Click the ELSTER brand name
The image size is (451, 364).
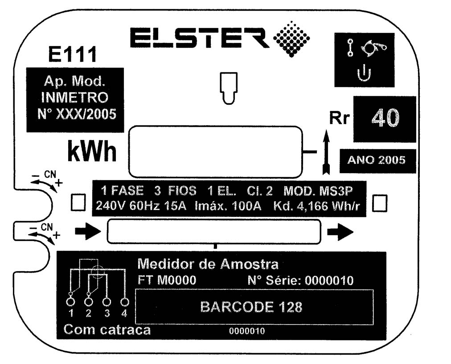click(x=200, y=38)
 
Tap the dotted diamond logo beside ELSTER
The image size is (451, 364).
click(x=291, y=39)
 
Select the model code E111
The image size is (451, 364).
click(x=73, y=54)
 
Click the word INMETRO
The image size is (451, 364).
click(x=75, y=98)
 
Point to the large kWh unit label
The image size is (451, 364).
click(x=92, y=151)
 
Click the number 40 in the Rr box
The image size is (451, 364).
click(x=385, y=118)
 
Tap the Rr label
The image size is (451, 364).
click(x=340, y=118)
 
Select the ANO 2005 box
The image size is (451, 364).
click(x=377, y=161)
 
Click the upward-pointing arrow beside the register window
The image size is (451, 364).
click(x=326, y=152)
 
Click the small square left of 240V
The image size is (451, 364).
click(x=78, y=202)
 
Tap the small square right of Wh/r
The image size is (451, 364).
click(x=380, y=203)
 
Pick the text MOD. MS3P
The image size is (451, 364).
click(x=318, y=191)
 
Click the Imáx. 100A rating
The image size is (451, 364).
click(x=228, y=206)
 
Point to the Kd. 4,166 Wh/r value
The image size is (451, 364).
click(x=316, y=206)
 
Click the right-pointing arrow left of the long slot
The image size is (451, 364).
click(x=88, y=231)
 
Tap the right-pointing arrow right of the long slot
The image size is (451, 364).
click(x=340, y=232)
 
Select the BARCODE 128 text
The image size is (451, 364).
click(x=251, y=307)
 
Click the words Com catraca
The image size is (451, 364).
click(x=107, y=330)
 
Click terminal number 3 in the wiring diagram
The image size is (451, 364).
click(x=107, y=313)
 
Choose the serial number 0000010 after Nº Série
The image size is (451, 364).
click(x=329, y=281)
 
